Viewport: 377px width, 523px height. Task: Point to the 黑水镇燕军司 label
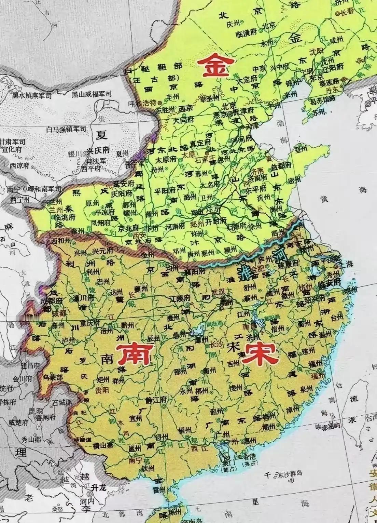click(x=33, y=95)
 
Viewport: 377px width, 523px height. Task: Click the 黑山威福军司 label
click(x=91, y=94)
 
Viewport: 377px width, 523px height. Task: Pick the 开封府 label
click(x=216, y=221)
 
